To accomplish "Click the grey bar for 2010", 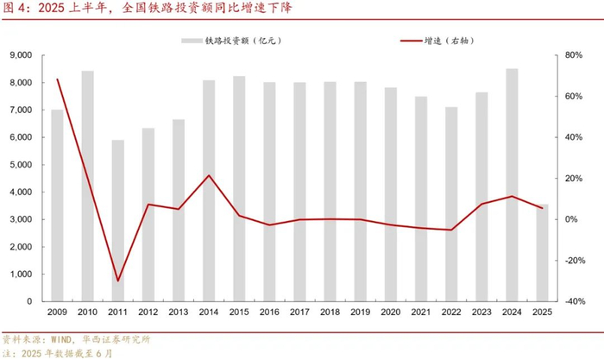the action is click(87, 186).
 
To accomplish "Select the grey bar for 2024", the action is click(512, 185).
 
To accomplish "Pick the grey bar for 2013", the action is click(179, 211).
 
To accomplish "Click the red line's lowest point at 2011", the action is click(117, 281).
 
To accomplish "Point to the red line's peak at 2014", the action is click(209, 175).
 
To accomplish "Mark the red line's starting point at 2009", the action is click(58, 79).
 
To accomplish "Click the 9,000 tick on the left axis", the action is click(21, 55).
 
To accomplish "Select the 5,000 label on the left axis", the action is click(21, 165).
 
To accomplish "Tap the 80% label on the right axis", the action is click(574, 55).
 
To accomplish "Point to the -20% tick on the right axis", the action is click(575, 261).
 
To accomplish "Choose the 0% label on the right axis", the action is click(571, 219).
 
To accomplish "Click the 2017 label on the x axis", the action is click(299, 312).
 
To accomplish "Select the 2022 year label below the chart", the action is click(451, 312).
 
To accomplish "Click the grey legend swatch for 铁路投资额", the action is click(192, 41).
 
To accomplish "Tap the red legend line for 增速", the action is click(411, 41).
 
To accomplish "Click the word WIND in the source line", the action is click(61, 339).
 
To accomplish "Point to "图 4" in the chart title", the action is click(13, 8).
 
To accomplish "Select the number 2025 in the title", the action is click(51, 8).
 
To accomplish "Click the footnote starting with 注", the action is click(58, 353).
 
